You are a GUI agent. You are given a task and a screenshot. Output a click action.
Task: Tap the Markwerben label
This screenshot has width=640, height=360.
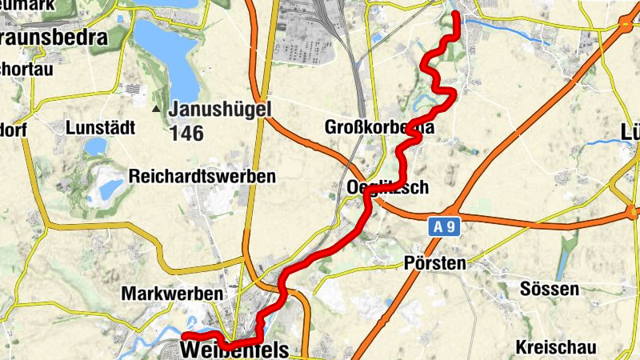[x=171, y=294]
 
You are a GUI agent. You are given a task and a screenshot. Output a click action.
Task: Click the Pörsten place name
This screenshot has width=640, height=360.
[x=435, y=262]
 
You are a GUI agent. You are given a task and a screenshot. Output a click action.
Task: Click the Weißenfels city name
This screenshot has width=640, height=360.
[x=234, y=350]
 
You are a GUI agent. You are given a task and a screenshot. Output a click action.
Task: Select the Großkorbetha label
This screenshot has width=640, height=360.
[x=379, y=127]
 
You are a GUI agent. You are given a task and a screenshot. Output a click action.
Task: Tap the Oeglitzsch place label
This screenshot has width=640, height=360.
[x=387, y=188]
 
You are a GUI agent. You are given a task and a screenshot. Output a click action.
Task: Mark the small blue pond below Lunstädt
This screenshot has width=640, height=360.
[x=95, y=146]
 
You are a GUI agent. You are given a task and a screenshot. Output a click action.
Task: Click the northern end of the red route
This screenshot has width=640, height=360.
[x=456, y=15]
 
